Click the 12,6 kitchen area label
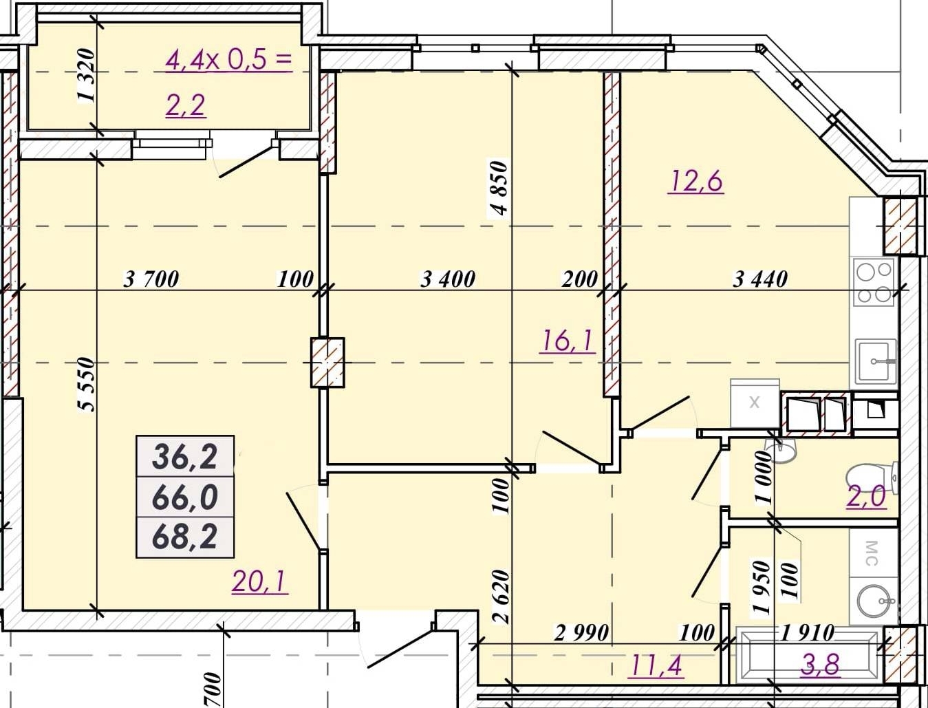[x=695, y=182]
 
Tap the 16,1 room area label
[x=568, y=341]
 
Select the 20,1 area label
[x=260, y=581]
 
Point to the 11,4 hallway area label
[x=656, y=666]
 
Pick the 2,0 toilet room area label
[x=866, y=496]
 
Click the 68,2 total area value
[x=185, y=536]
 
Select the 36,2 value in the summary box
[x=185, y=457]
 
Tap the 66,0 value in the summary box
[x=185, y=497]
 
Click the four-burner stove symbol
[x=874, y=282]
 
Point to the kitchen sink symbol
[x=875, y=362]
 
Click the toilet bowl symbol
[x=872, y=479]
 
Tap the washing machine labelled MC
[x=874, y=553]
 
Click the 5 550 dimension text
[x=87, y=384]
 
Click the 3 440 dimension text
[x=759, y=279]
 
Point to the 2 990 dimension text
[x=581, y=633]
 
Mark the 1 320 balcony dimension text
[x=86, y=75]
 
